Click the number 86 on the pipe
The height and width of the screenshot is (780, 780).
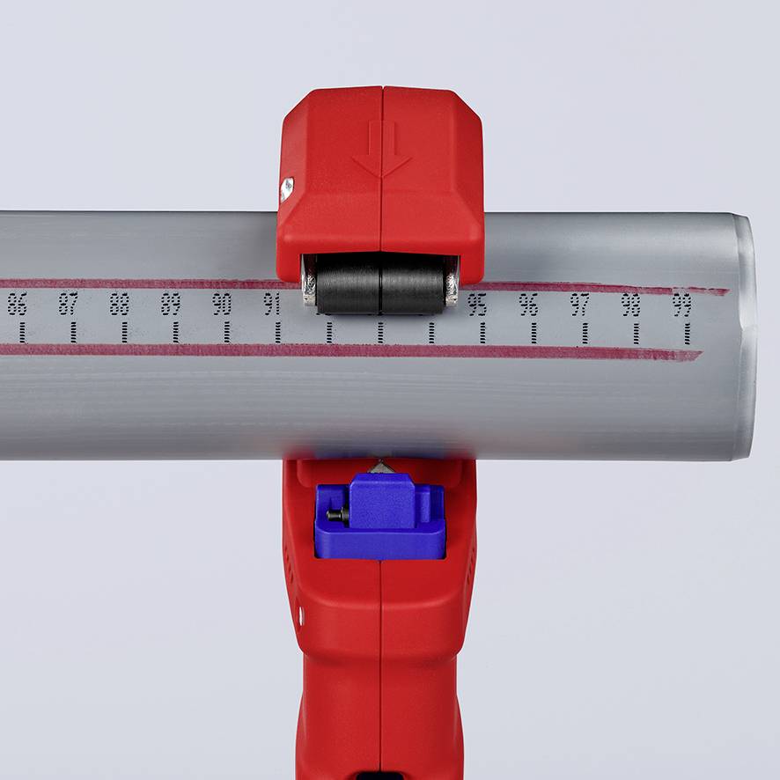coord(17,304)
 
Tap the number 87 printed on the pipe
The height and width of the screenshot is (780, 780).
coord(68,304)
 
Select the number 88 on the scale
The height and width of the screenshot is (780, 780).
coord(120,304)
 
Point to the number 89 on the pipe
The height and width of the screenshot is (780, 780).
coord(171,304)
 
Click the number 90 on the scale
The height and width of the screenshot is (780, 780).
coord(222,304)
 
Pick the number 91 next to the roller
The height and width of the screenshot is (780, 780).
coord(272,304)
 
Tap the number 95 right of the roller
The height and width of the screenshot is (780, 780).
coord(477,305)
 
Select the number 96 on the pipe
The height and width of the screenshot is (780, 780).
coord(528,305)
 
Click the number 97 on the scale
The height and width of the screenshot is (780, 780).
coord(579,305)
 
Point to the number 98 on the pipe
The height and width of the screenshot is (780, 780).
coord(630,305)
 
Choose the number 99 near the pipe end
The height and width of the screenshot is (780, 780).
coord(681,305)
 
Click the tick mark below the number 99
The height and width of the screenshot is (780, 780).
coord(687,333)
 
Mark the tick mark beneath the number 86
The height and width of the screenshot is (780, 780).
coord(21,332)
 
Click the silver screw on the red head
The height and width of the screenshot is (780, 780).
coord(286,188)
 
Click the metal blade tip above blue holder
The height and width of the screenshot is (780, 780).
coord(380,466)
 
